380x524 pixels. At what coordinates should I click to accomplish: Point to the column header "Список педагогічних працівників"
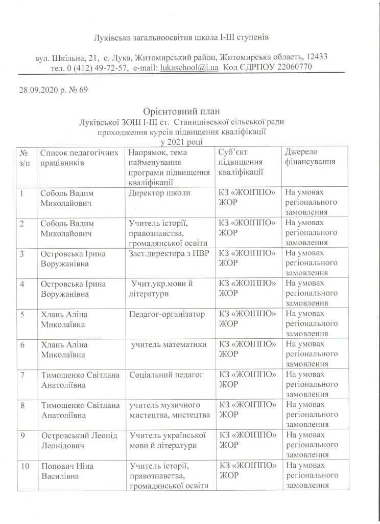coord(81,158)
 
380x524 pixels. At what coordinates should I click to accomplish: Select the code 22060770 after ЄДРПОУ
coord(294,67)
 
